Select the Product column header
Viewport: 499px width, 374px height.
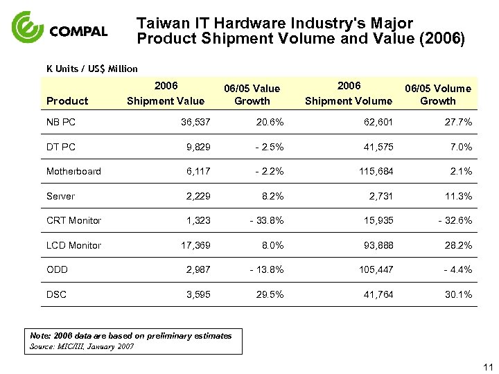tap(67, 101)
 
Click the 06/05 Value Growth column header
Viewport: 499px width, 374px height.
tap(252, 94)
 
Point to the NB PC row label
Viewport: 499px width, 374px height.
tap(62, 123)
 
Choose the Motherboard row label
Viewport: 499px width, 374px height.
tap(73, 171)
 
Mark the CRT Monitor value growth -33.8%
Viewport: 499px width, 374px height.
tap(264, 220)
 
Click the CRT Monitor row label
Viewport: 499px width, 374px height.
tap(73, 220)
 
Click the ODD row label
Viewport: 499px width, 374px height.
tap(57, 269)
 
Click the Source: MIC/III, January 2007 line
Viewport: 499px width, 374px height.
tap(82, 346)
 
